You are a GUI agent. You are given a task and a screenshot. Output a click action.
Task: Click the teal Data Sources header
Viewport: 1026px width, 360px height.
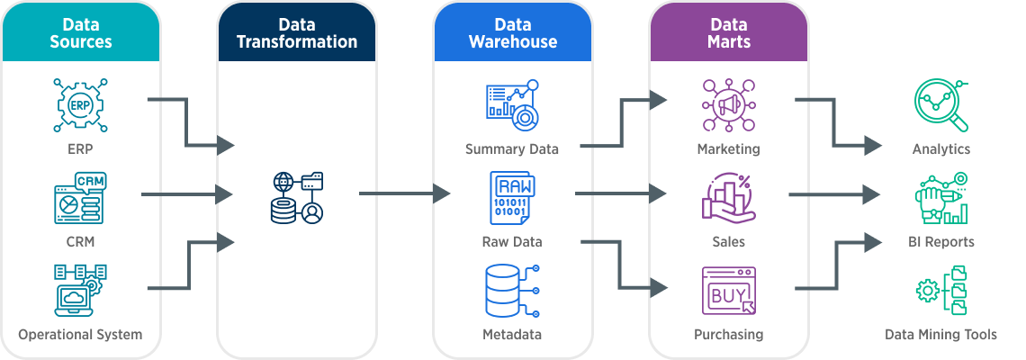coord(81,32)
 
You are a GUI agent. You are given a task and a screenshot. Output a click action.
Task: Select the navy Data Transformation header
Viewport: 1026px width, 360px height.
coord(296,32)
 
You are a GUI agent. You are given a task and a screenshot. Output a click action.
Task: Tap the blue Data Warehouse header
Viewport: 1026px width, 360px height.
coord(512,32)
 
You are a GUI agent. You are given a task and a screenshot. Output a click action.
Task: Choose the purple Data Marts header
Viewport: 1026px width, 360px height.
coord(728,32)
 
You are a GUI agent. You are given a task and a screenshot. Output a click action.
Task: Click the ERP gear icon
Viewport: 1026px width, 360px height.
coord(80,105)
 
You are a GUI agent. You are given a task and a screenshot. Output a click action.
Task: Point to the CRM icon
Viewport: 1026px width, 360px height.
coord(80,199)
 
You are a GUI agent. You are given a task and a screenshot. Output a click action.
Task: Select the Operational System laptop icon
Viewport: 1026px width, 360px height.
coord(80,290)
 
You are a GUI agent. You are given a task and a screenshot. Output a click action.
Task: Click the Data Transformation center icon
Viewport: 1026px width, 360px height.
coord(297,197)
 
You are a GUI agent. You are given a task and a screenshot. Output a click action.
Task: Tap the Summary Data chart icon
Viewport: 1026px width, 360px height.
coord(512,104)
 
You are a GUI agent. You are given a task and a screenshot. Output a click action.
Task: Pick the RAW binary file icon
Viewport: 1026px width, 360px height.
coord(512,199)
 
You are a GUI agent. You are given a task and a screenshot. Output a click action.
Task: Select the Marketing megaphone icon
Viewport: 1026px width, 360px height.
coord(728,105)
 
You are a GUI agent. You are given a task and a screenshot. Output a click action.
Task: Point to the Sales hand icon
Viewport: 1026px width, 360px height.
coord(728,199)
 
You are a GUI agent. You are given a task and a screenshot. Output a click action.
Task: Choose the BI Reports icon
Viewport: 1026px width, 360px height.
coord(940,199)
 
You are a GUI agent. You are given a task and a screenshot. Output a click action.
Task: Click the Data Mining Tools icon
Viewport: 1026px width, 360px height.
coord(940,291)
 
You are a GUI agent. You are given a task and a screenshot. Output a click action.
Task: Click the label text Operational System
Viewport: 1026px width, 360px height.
coord(80,335)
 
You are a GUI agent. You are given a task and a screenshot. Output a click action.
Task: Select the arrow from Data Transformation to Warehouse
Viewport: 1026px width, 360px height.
coord(404,193)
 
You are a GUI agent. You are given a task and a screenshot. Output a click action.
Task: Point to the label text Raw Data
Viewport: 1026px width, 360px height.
coord(512,242)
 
